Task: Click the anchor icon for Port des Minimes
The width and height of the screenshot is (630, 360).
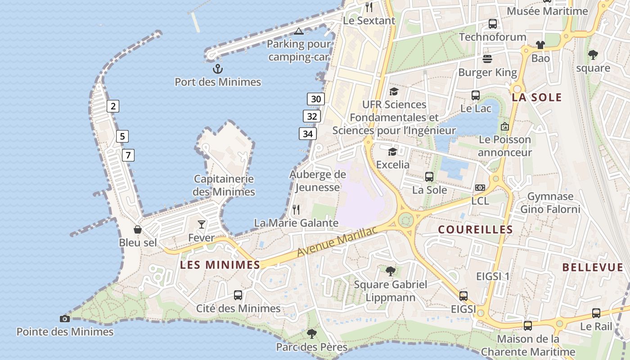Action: [218, 69]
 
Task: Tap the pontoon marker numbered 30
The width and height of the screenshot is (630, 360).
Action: [316, 99]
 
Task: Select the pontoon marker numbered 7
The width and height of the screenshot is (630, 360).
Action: [128, 156]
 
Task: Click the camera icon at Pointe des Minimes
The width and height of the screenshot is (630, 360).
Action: [65, 319]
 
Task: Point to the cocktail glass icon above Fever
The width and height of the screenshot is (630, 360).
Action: [202, 224]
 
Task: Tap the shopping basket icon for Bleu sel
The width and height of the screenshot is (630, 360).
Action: [138, 229]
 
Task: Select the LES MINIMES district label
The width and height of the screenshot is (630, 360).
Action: [220, 265]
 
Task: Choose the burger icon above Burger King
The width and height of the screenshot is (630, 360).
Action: [487, 58]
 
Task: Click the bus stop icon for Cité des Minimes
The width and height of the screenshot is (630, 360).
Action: [238, 295]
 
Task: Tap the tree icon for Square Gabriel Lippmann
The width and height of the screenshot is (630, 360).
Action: [391, 271]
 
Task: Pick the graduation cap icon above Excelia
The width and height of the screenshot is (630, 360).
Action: [393, 152]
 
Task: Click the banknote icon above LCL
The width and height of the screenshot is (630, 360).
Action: [480, 187]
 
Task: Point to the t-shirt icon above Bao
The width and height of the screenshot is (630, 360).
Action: [540, 45]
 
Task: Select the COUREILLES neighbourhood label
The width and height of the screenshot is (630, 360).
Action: [475, 229]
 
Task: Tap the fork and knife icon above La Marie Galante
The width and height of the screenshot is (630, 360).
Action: [296, 209]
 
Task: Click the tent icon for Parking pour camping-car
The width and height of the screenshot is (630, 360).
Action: [299, 31]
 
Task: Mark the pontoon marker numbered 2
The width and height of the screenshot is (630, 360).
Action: [113, 106]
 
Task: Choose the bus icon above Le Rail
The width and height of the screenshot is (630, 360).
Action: [596, 313]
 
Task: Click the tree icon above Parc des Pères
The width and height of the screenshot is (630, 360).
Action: [311, 334]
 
